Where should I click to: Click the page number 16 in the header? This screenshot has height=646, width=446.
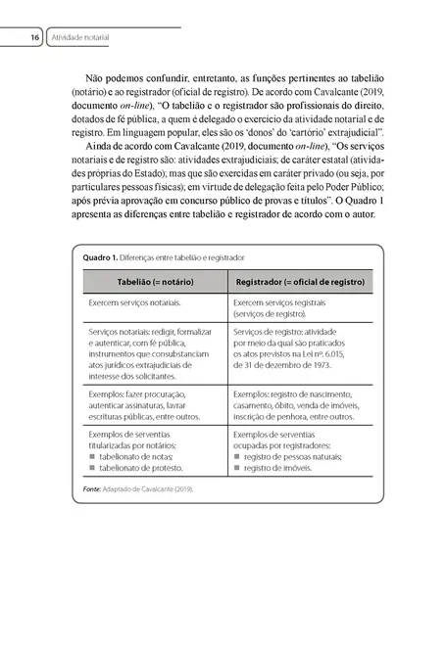pyautogui.click(x=34, y=37)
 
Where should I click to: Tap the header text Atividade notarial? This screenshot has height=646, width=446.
pyautogui.click(x=80, y=37)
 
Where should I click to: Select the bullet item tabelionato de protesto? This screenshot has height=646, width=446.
pyautogui.click(x=142, y=468)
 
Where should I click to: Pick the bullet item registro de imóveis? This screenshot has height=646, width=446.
pyautogui.click(x=277, y=468)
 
